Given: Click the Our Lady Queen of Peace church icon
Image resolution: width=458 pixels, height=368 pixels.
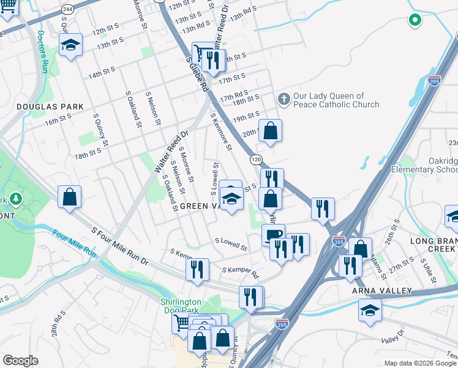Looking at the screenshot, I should point(283,99).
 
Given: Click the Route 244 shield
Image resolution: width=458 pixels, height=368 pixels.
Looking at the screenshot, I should point(68,10).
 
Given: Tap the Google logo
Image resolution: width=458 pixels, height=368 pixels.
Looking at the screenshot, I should point(20,361).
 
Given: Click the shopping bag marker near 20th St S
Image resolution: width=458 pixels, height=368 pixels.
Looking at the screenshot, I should point(270,130).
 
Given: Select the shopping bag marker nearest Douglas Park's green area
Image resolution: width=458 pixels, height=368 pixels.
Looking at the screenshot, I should point(70,197).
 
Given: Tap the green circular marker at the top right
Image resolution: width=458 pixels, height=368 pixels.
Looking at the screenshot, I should point(415,20).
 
